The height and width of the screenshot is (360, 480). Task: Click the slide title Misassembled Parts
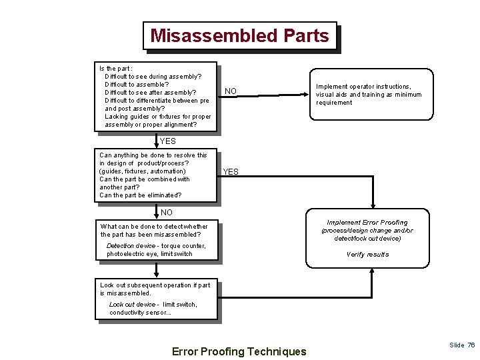pos(239,35)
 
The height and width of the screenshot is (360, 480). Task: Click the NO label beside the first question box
pos(230,91)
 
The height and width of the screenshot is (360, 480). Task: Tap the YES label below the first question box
pos(168,141)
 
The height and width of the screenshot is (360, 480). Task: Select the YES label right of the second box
pos(230,172)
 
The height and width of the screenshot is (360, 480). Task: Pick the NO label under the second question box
pos(167,213)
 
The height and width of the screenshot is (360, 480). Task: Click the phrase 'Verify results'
pos(367,255)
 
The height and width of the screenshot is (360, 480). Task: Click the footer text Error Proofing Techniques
pos(239,351)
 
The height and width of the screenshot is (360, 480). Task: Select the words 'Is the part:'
pos(115,69)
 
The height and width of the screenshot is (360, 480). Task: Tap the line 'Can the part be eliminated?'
pos(140,195)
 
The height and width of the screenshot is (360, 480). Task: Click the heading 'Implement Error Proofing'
pos(367,223)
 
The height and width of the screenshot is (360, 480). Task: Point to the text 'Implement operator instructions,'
pos(363,87)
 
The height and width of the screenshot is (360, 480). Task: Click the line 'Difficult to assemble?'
pos(137,85)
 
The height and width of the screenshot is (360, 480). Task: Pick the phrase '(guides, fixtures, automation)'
pos(142,171)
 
